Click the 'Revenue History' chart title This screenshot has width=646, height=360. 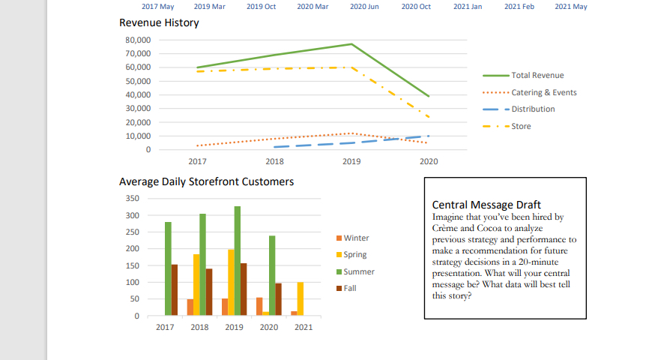(159, 23)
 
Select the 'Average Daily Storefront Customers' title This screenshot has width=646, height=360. (206, 181)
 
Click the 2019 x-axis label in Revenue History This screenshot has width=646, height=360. (351, 161)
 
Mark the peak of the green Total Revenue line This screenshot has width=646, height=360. (351, 44)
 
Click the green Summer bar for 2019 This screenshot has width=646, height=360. (238, 260)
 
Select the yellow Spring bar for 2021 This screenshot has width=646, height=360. (300, 298)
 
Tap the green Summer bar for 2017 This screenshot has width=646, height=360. (168, 268)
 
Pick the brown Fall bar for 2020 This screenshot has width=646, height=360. (278, 298)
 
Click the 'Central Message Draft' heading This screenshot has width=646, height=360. (486, 205)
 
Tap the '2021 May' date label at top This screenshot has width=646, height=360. (571, 7)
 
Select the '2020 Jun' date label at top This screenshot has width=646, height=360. (364, 7)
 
